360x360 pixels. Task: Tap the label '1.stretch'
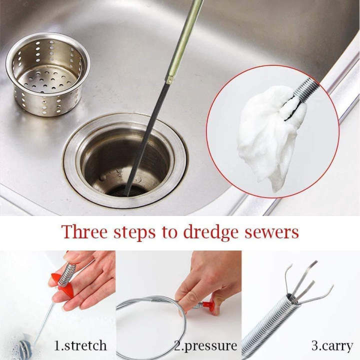(x=80, y=345)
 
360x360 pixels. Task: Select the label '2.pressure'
(x=205, y=345)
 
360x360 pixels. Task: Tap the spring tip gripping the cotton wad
(x=305, y=92)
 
